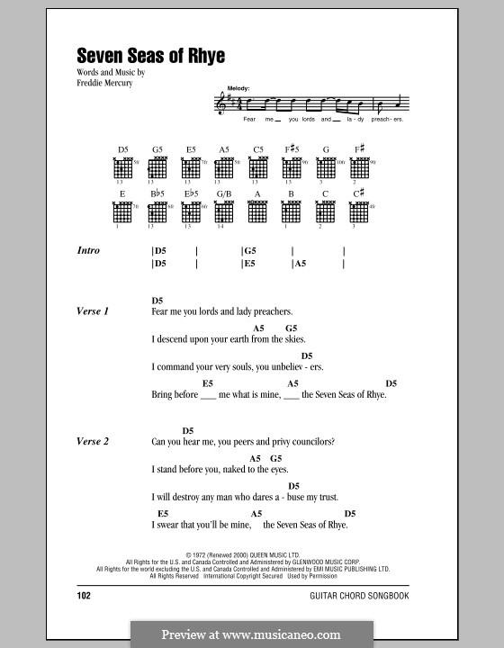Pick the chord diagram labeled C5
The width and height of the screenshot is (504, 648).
pos(258,167)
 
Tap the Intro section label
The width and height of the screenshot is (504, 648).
pos(88,251)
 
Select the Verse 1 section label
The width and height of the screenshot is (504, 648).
pos(93,310)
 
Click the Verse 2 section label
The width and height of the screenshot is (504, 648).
pos(93,442)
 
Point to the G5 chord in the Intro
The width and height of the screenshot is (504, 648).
pos(250,251)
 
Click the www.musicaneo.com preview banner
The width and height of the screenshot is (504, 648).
pos(251,634)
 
